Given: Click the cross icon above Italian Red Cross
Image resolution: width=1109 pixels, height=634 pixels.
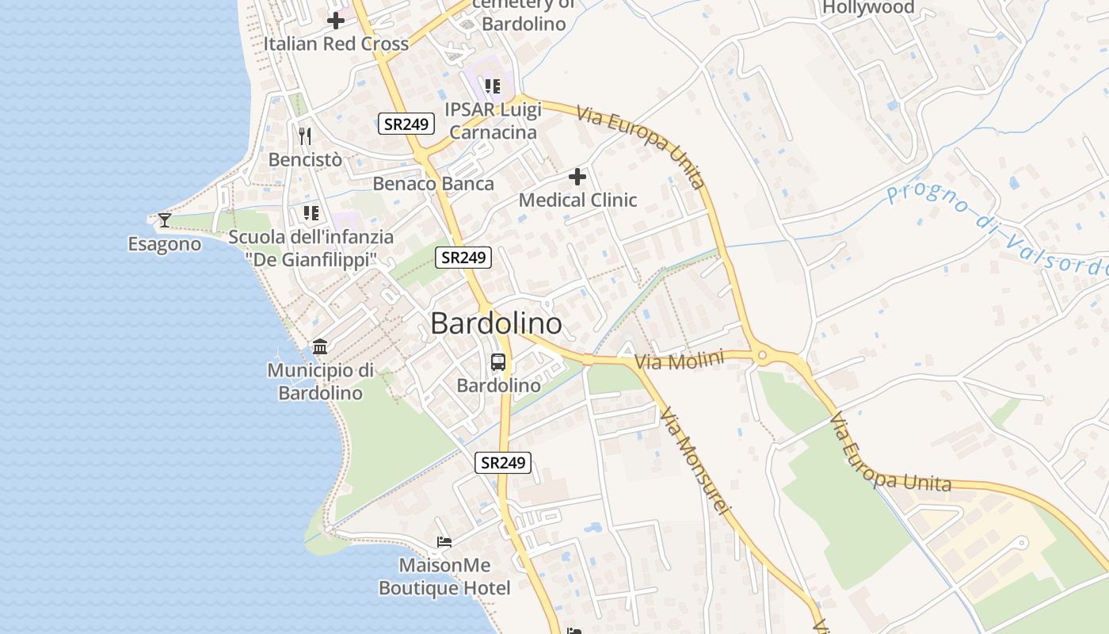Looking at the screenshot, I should point(336,21).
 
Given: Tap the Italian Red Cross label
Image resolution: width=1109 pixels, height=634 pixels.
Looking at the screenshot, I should point(336,44).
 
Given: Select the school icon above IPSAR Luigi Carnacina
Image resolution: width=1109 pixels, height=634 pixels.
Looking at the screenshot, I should point(493,86).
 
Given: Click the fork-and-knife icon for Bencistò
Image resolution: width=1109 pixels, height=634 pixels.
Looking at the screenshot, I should point(305,136).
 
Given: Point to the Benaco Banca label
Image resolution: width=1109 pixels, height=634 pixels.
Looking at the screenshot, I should point(433,184).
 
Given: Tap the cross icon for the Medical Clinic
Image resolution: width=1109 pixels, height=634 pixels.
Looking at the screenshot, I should point(577,177).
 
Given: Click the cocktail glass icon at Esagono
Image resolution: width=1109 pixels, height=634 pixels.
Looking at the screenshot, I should point(165,220).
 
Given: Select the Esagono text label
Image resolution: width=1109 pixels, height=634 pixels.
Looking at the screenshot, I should point(165,245).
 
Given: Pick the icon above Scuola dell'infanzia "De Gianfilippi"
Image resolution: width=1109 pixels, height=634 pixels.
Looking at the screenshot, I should point(311,213).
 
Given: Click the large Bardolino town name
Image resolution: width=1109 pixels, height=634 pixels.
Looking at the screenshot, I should point(497,323).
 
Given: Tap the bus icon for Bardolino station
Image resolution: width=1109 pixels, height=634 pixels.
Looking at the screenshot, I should point(498,363).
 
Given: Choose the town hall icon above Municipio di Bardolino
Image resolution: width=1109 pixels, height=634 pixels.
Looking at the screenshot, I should point(320,347).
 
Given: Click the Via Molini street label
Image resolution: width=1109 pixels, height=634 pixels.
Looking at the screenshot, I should point(679,361).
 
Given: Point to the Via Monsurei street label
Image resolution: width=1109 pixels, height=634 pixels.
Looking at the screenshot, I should point(693,461).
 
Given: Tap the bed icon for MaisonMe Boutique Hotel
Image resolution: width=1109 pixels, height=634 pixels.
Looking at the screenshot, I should point(444,543).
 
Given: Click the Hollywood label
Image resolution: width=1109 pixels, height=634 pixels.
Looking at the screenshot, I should point(868,8).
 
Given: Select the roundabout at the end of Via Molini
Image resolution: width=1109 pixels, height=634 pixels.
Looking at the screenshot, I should point(763,357).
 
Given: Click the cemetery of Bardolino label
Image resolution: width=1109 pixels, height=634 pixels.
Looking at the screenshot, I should point(524,13).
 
